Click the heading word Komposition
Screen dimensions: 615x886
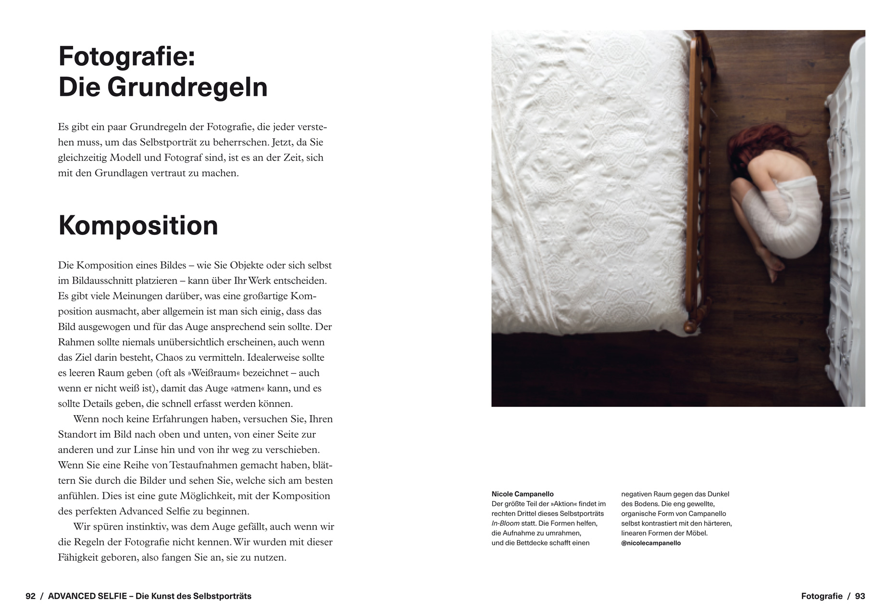(x=138, y=225)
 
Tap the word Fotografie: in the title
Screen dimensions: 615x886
(x=126, y=56)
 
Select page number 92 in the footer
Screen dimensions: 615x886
(x=30, y=596)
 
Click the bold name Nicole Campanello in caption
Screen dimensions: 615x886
(x=523, y=494)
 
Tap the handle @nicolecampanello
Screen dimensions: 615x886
(x=650, y=543)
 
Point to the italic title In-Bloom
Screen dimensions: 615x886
(x=505, y=523)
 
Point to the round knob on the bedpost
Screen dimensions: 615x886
(x=690, y=326)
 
